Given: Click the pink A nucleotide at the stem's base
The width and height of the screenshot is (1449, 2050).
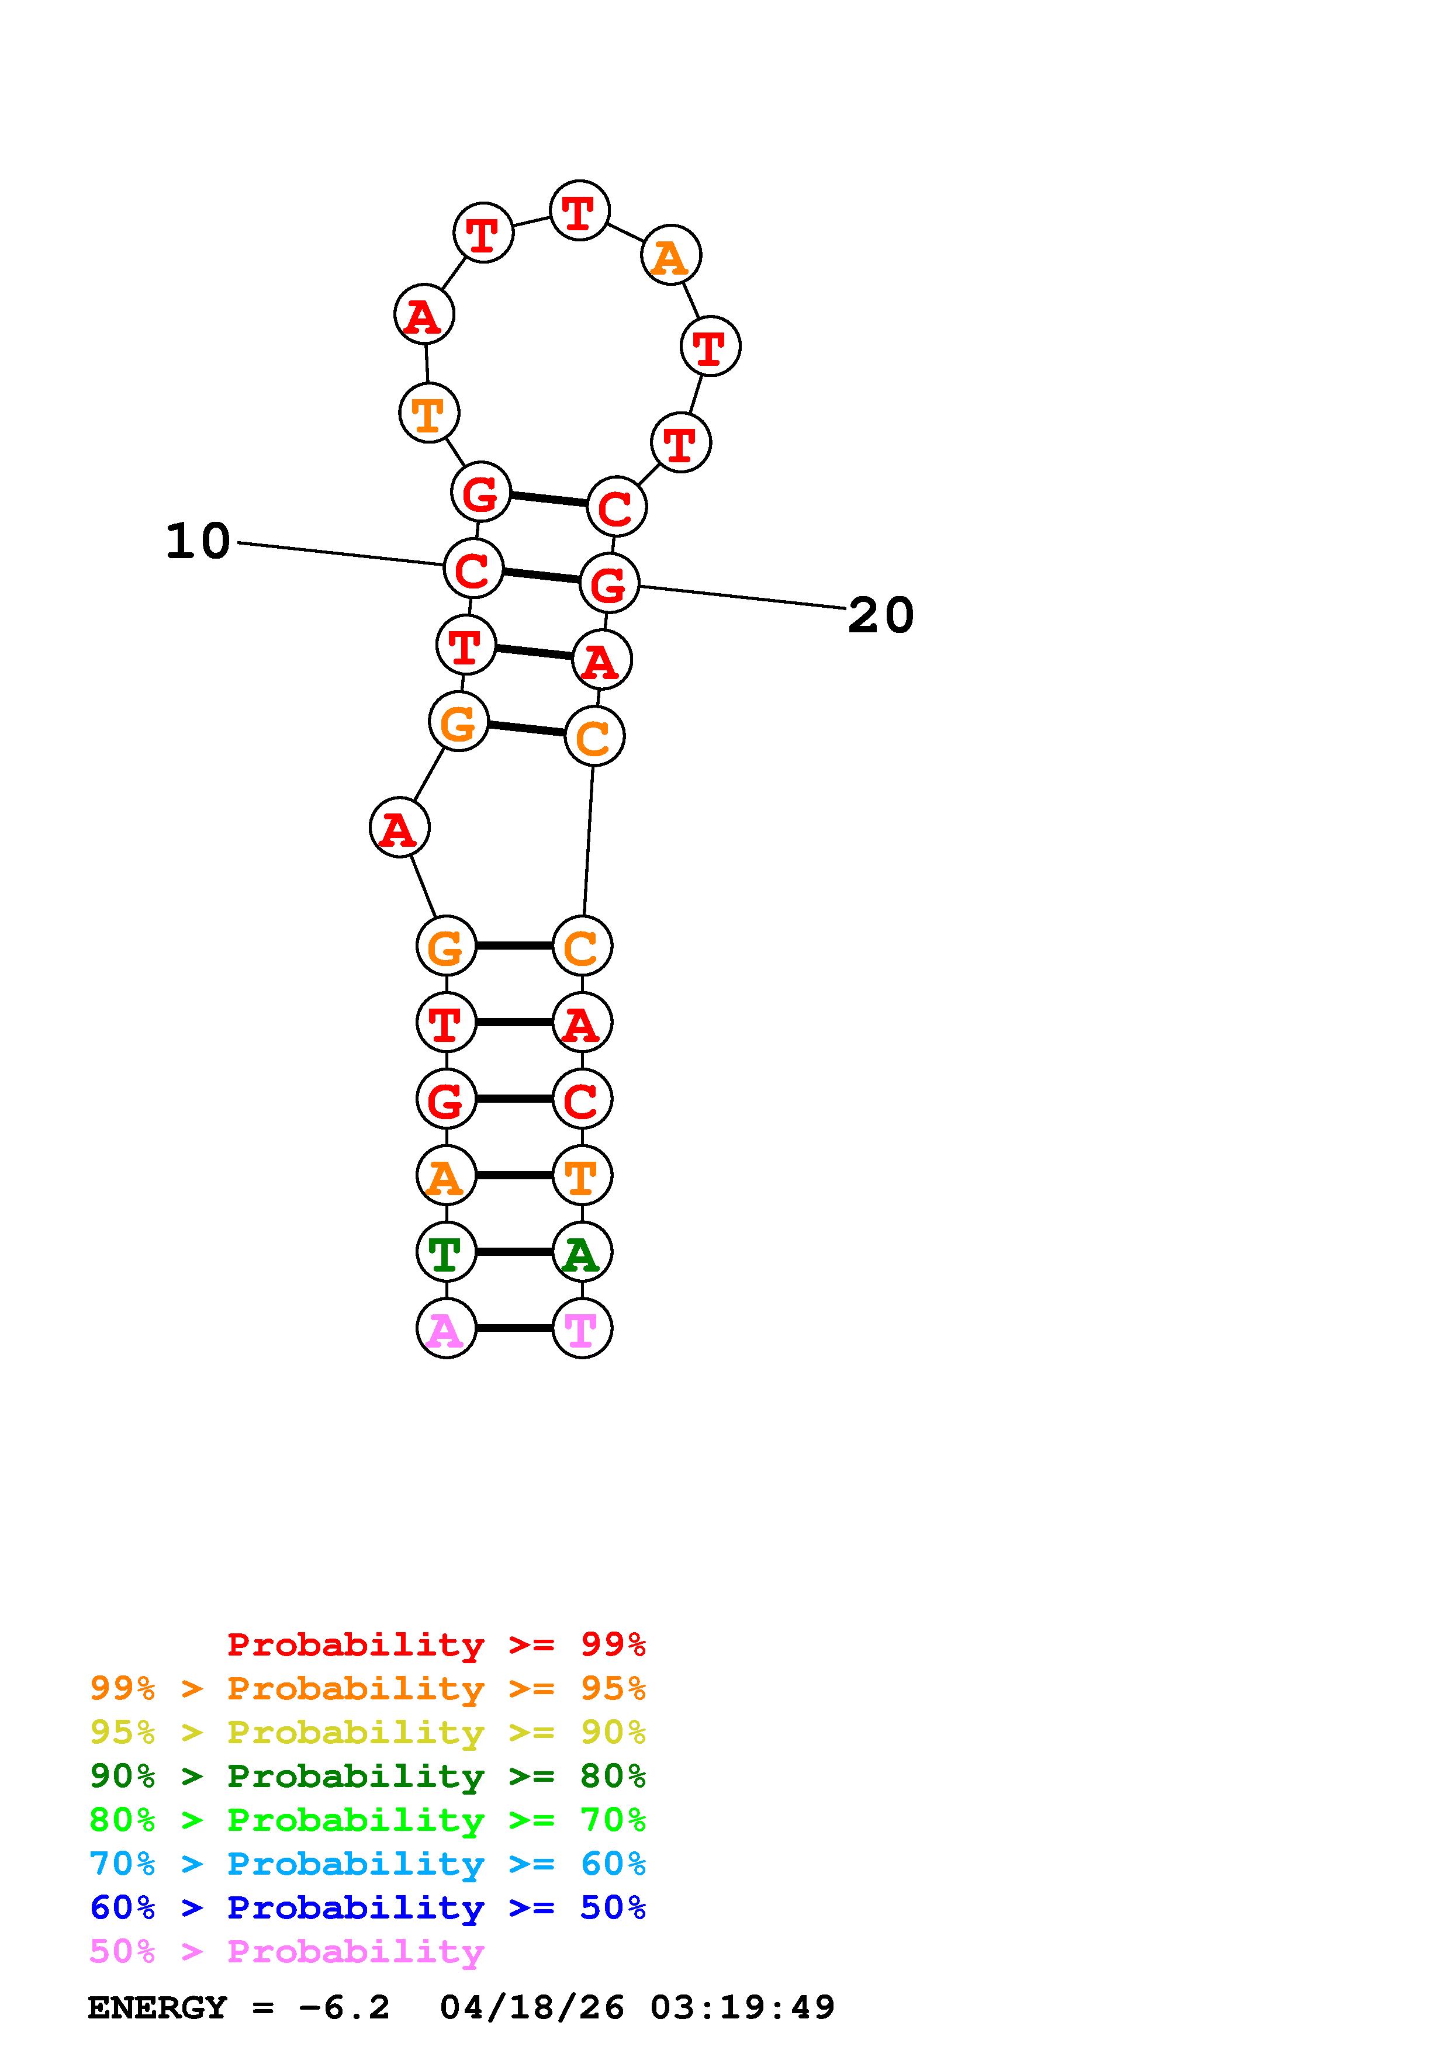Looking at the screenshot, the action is (x=447, y=1328).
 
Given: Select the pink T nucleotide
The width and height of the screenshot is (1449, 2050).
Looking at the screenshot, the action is (x=582, y=1328).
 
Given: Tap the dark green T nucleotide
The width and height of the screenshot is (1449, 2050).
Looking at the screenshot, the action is (x=447, y=1252).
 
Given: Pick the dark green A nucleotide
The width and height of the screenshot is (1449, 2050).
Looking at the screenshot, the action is (x=582, y=1252).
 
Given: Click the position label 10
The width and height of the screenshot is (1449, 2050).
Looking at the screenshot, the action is (x=198, y=541).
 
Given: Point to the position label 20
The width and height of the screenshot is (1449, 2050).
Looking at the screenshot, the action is (x=880, y=615).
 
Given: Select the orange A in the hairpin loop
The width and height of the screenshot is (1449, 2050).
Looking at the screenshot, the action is (x=670, y=256).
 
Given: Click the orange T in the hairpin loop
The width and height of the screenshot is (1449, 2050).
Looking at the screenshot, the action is (x=428, y=413).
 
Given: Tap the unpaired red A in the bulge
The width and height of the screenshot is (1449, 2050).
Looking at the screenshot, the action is (x=399, y=827).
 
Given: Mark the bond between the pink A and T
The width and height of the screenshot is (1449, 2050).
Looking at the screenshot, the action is (x=514, y=1328).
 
